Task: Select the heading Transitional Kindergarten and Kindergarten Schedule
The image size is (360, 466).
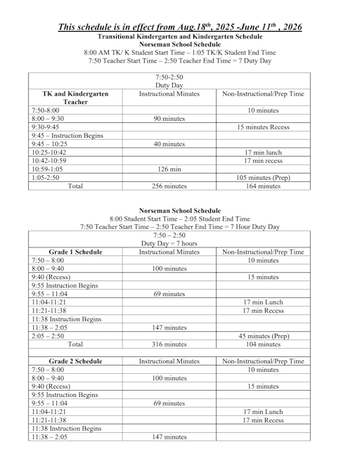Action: coord(180,36)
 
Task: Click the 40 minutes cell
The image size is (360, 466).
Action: coord(169,144)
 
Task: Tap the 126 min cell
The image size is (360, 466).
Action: coord(169,169)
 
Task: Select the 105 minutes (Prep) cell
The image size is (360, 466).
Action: coord(263,178)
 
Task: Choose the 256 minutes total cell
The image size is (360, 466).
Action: coord(169,186)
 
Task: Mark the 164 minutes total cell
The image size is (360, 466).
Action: coord(263,186)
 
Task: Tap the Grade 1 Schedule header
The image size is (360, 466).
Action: coord(75,252)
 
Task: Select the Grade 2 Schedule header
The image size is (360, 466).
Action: coord(75,361)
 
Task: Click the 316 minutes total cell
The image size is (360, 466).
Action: coord(169,344)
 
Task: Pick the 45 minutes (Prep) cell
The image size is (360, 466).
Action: coord(263,336)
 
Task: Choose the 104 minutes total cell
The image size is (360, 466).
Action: coord(263,344)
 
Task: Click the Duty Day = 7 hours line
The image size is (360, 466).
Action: coord(169,243)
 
